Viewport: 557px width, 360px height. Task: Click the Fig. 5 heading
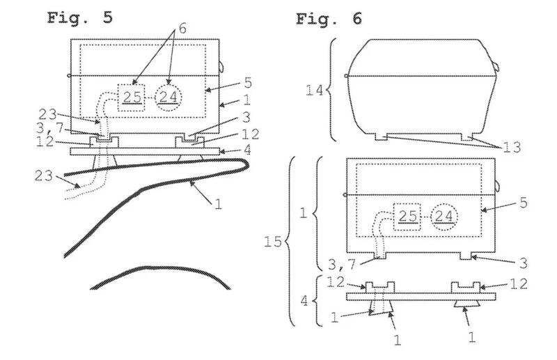80,18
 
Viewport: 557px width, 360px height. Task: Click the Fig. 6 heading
329,19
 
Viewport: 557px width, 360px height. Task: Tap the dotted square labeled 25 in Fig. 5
131,97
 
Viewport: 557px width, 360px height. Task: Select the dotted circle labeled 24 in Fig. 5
168,97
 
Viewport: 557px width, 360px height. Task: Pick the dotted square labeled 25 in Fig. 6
407,217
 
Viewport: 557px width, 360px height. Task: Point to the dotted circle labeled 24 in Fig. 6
444,217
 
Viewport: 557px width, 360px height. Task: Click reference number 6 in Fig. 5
182,29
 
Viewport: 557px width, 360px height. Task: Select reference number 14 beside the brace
315,91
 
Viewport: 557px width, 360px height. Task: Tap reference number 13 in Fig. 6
512,147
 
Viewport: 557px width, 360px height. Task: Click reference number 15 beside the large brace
273,242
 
